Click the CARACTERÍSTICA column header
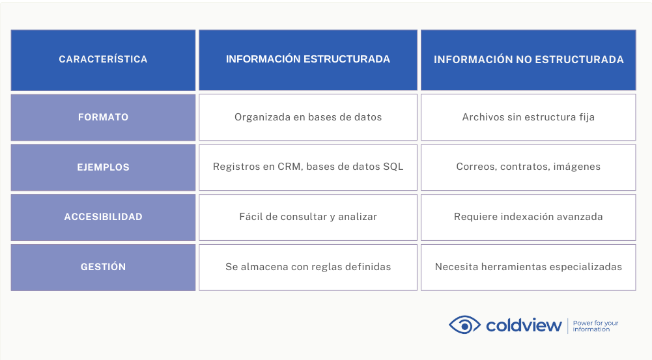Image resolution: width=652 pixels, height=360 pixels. pyautogui.click(x=103, y=60)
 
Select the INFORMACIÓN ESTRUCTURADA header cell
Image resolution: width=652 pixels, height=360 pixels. pyautogui.click(x=307, y=60)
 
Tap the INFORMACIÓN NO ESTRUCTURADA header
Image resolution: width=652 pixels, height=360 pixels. pyautogui.click(x=528, y=60)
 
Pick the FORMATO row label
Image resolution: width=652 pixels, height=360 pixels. pyautogui.click(x=103, y=117)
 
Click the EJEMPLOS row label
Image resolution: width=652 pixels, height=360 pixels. pyautogui.click(x=103, y=167)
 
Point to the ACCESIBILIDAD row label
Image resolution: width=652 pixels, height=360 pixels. pyautogui.click(x=103, y=217)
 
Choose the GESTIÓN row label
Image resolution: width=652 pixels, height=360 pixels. pyautogui.click(x=103, y=267)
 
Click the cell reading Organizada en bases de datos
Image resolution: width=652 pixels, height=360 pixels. pyautogui.click(x=307, y=117)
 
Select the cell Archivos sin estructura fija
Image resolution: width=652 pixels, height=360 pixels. pyautogui.click(x=528, y=117)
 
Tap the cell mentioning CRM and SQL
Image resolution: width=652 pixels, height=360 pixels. pyautogui.click(x=307, y=167)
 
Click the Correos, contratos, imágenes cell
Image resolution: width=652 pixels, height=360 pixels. pyautogui.click(x=528, y=167)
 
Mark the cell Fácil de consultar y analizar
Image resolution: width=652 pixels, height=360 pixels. pyautogui.click(x=307, y=217)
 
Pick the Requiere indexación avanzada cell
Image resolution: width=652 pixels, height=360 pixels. pyautogui.click(x=528, y=217)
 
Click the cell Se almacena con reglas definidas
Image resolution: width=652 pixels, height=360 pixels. pyautogui.click(x=307, y=267)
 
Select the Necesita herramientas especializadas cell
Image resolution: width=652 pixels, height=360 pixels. pyautogui.click(x=528, y=267)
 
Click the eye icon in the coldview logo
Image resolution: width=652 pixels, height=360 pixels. pyautogui.click(x=464, y=325)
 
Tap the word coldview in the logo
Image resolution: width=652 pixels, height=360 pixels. pyautogui.click(x=524, y=325)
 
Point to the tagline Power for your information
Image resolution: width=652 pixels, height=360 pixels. pyautogui.click(x=595, y=326)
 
